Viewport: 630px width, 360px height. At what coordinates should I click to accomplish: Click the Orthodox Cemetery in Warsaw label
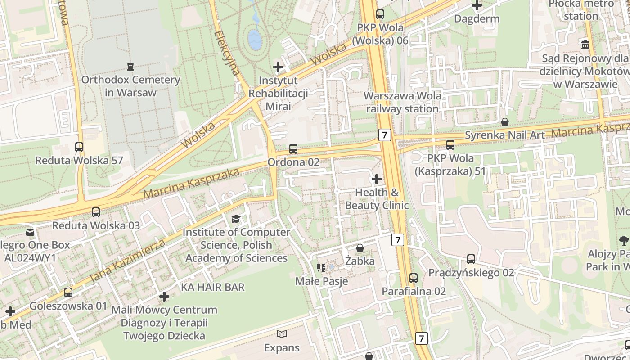tap(130, 86)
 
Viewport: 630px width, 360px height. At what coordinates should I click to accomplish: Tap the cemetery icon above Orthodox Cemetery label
tap(130, 67)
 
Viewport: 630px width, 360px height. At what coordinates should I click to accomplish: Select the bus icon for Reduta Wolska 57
tap(79, 147)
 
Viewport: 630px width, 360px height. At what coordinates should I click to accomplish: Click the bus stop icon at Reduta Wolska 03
tap(96, 212)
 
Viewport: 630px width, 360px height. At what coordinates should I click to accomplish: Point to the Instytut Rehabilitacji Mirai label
tap(278, 94)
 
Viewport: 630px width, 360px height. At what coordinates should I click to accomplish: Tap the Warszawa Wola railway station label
tap(402, 102)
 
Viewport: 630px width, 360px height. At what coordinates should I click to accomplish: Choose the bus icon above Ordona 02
tap(293, 148)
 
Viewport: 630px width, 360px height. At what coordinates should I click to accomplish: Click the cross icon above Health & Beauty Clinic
tap(377, 180)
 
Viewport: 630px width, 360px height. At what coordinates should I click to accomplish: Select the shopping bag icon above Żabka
tap(360, 248)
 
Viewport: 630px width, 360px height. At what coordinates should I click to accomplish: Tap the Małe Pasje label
tap(321, 281)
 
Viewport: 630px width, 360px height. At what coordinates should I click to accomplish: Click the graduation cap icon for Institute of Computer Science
tap(236, 219)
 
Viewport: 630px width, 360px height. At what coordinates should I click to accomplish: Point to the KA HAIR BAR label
tap(213, 287)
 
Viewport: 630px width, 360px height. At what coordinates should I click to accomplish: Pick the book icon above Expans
tap(282, 334)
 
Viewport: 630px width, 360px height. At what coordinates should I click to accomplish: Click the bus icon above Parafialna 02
tap(414, 278)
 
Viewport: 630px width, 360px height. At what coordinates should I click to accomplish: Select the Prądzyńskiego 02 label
tap(471, 273)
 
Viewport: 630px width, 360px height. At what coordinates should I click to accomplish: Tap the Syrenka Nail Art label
tap(504, 135)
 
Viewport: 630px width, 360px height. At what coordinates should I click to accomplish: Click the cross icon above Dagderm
tap(477, 6)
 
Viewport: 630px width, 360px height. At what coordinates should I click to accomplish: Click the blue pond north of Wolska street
tap(255, 40)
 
